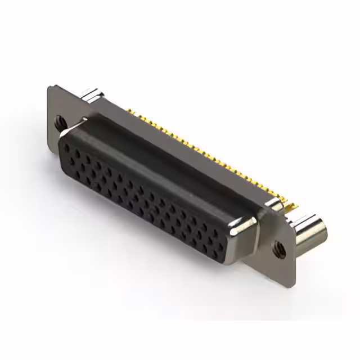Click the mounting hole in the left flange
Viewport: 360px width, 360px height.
(59, 120)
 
